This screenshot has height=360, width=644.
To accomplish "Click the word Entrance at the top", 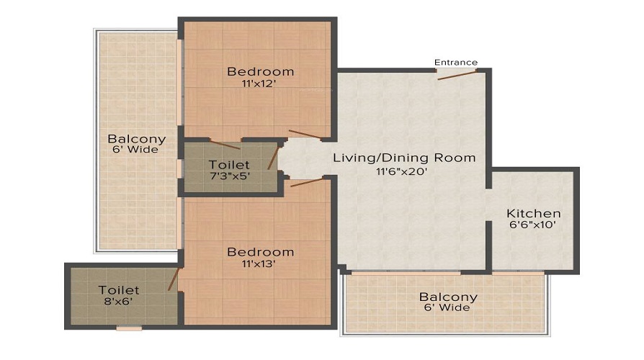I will click(455, 63).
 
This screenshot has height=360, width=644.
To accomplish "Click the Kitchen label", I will click(533, 214).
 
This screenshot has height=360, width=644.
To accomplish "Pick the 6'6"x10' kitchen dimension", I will click(532, 225).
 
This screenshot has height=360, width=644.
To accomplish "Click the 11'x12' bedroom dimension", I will click(260, 84).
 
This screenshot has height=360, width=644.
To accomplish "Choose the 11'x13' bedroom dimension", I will click(260, 264).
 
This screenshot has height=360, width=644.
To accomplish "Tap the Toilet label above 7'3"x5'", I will click(229, 165).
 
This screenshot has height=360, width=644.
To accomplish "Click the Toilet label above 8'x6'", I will click(120, 290).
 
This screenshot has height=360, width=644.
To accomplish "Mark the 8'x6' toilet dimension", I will click(120, 302).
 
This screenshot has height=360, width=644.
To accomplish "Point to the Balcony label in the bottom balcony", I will click(449, 297).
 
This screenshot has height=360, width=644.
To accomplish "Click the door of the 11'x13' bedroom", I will click(307, 181).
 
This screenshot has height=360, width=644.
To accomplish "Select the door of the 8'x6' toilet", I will click(173, 279).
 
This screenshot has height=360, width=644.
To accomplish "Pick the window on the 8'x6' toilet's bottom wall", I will click(129, 328).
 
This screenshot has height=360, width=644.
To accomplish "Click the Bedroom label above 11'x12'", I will click(260, 71).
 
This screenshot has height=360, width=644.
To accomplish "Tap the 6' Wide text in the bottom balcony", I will click(448, 308).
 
